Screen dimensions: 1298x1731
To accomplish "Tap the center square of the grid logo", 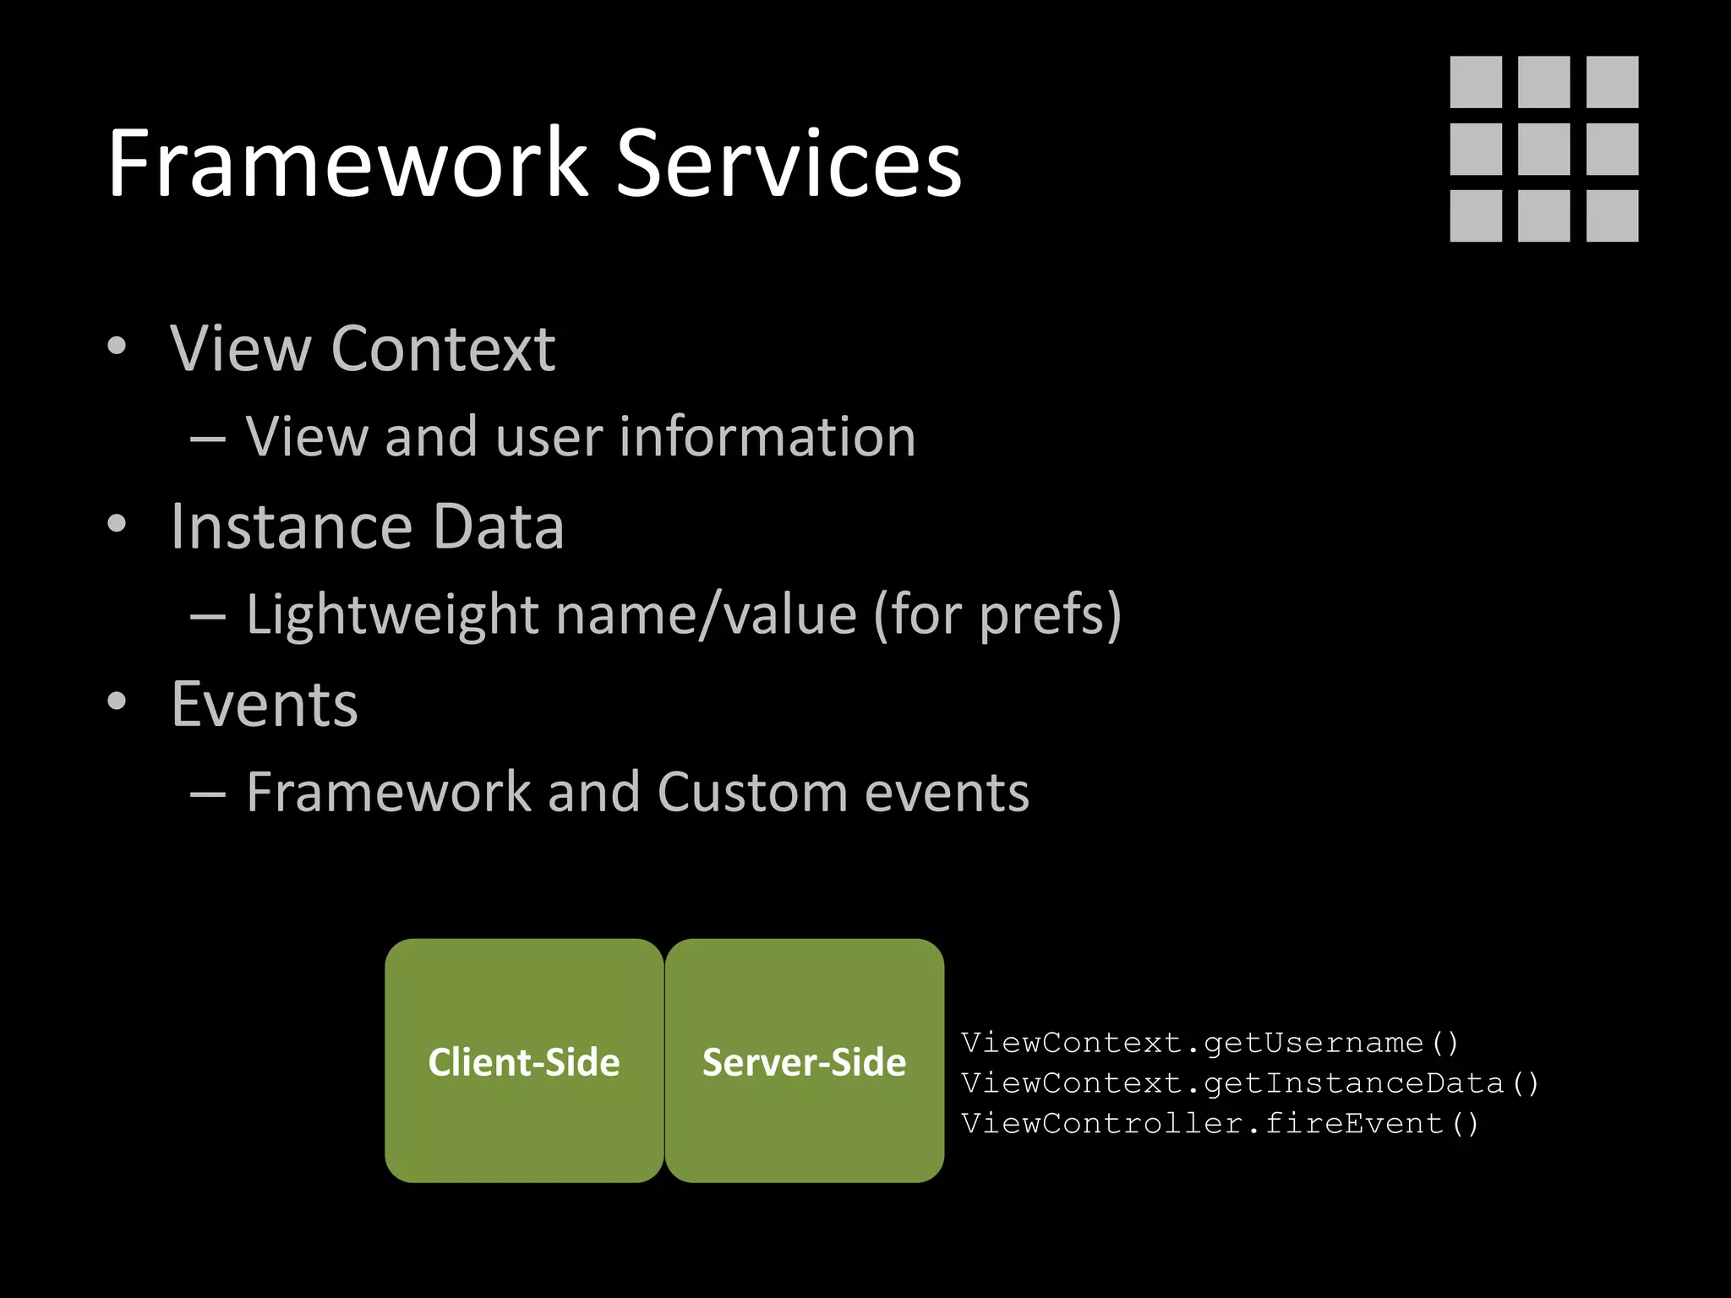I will tap(1543, 149).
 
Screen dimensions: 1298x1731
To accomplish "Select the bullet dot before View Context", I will tap(117, 346).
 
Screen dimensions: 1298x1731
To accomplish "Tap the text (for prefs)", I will tap(997, 614).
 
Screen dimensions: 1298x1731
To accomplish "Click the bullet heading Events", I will tap(265, 704).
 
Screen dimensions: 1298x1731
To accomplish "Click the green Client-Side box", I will tap(524, 1061).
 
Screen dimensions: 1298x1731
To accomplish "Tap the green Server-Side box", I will tap(804, 1061).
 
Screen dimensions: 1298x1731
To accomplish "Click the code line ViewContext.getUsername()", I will tap(1210, 1043).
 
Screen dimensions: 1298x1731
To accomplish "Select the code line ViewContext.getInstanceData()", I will tap(1249, 1083).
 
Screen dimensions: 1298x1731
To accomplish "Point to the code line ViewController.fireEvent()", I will tap(1220, 1124).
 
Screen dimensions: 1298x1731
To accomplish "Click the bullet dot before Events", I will tap(117, 701).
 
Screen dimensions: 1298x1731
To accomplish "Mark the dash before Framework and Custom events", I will tap(208, 794).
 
